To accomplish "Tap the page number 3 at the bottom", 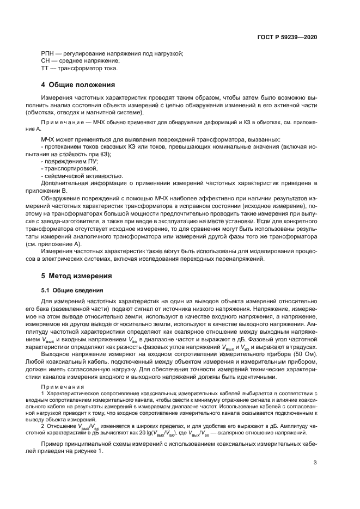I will tap(315, 463).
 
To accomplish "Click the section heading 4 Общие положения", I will tap(78, 85).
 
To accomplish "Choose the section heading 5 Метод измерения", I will tap(77, 276).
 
